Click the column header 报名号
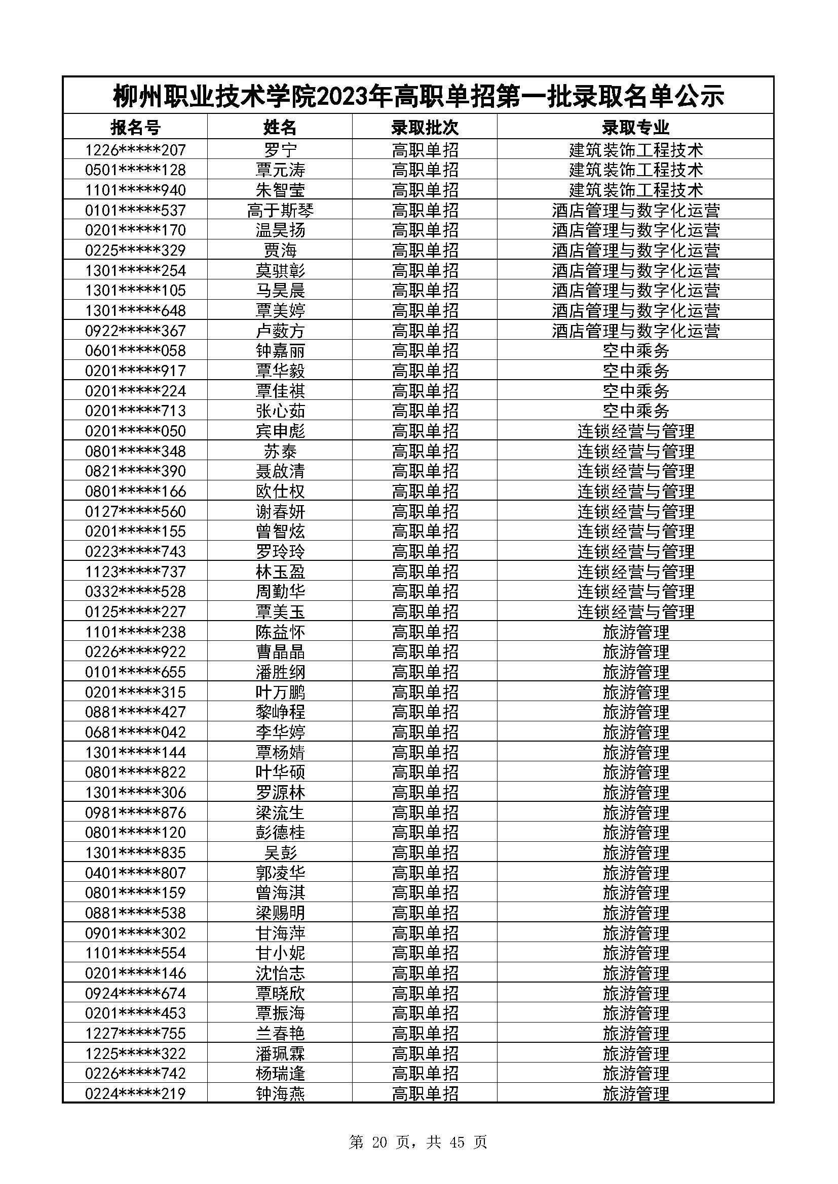pyautogui.click(x=135, y=127)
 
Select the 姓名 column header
pyautogui.click(x=280, y=127)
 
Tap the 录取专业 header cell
pyautogui.click(x=635, y=127)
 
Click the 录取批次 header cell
pyautogui.click(x=425, y=127)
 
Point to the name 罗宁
pyautogui.click(x=280, y=150)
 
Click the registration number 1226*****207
pyautogui.click(x=135, y=150)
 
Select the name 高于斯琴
pyautogui.click(x=280, y=211)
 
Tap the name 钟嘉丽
pyautogui.click(x=280, y=351)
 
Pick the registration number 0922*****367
pyautogui.click(x=135, y=331)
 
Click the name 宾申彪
pyautogui.click(x=280, y=431)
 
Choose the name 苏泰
pyautogui.click(x=280, y=451)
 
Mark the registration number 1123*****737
pyautogui.click(x=135, y=571)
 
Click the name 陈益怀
pyautogui.click(x=280, y=632)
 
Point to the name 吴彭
pyautogui.click(x=280, y=852)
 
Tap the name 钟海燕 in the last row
pyautogui.click(x=280, y=1094)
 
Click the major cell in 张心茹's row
pyautogui.click(x=635, y=411)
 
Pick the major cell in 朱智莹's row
pyautogui.click(x=635, y=190)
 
